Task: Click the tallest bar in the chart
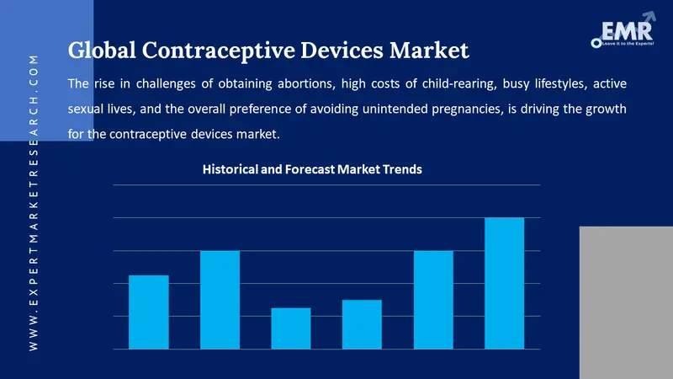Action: tap(504, 283)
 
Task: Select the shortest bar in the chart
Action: tap(290, 328)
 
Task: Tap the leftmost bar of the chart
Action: tap(148, 312)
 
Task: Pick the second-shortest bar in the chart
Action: tap(362, 324)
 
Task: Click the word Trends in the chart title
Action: tap(402, 169)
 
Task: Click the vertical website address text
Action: tap(33, 202)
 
